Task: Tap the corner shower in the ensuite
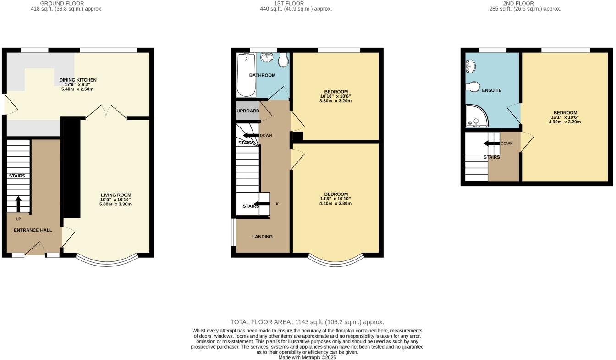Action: click(x=476, y=116)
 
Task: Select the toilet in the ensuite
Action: click(x=473, y=87)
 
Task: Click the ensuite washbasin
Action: click(x=470, y=67)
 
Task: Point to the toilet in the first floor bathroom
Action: click(x=283, y=60)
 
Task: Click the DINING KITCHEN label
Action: click(x=78, y=80)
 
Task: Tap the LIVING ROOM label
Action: click(x=116, y=195)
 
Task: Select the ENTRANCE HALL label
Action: click(x=33, y=230)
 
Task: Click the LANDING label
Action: click(x=262, y=237)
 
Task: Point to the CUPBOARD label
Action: click(x=247, y=111)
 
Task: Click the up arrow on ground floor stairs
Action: click(x=18, y=204)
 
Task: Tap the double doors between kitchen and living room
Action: click(x=106, y=111)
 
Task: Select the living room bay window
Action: click(x=106, y=261)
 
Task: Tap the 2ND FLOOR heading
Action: click(x=518, y=3)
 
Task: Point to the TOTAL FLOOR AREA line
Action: click(x=307, y=322)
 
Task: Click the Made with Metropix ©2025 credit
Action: click(x=307, y=357)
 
